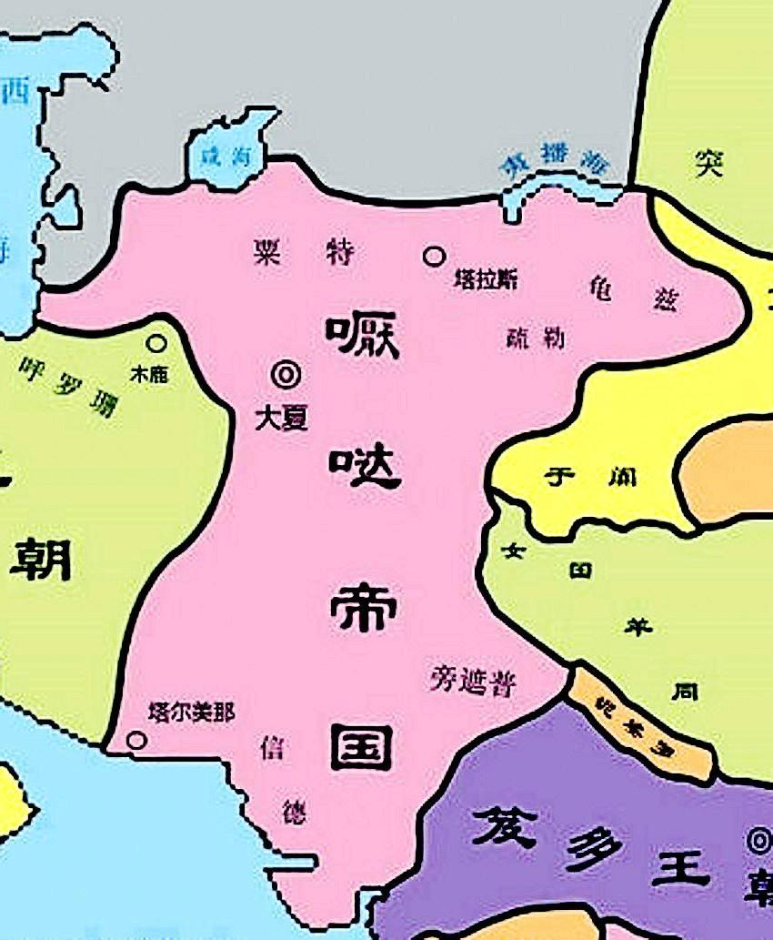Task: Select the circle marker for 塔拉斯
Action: click(435, 257)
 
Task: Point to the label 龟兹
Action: click(631, 294)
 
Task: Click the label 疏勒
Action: click(535, 338)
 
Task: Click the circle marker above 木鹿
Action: click(157, 343)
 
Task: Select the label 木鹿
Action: click(150, 373)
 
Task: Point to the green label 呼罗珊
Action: click(67, 387)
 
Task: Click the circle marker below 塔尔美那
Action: click(136, 740)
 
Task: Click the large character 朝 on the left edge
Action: click(41, 560)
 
